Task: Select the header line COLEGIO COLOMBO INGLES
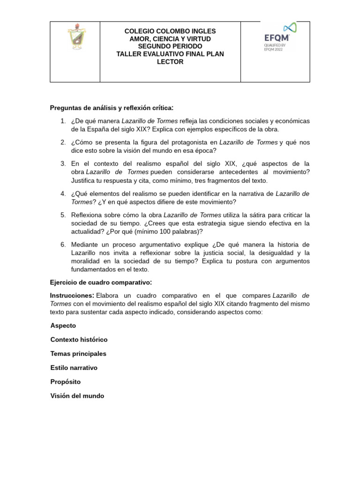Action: coord(170,31)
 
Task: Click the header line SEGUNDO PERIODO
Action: coord(170,46)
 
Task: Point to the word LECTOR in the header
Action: coord(170,62)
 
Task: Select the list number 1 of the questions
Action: coord(63,121)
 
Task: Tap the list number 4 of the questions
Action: coord(63,194)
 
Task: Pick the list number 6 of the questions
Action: coord(63,245)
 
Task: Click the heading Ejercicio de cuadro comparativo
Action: coord(101,283)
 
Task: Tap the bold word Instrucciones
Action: coord(72,296)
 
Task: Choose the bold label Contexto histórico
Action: coord(79,339)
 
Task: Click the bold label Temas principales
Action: coord(78,353)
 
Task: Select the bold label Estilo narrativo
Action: coord(74,368)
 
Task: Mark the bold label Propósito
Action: coord(65,382)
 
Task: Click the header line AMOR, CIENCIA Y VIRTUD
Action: coord(170,39)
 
